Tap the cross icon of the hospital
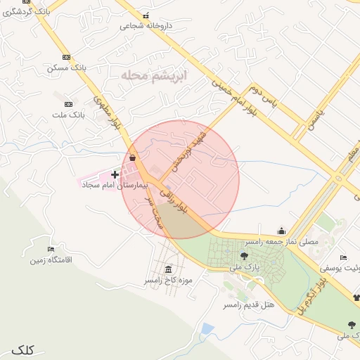click(115, 173)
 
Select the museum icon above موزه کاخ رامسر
click(168, 269)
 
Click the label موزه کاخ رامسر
click(168, 281)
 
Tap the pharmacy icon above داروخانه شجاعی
click(146, 15)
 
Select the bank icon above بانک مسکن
click(67, 57)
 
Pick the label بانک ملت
click(69, 114)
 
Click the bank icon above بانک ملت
click(67, 103)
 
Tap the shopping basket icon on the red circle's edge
click(132, 158)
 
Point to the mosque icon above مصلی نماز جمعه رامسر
click(282, 231)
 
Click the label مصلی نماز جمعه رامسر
click(282, 241)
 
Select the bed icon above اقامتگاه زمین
click(50, 250)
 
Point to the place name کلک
click(23, 349)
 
